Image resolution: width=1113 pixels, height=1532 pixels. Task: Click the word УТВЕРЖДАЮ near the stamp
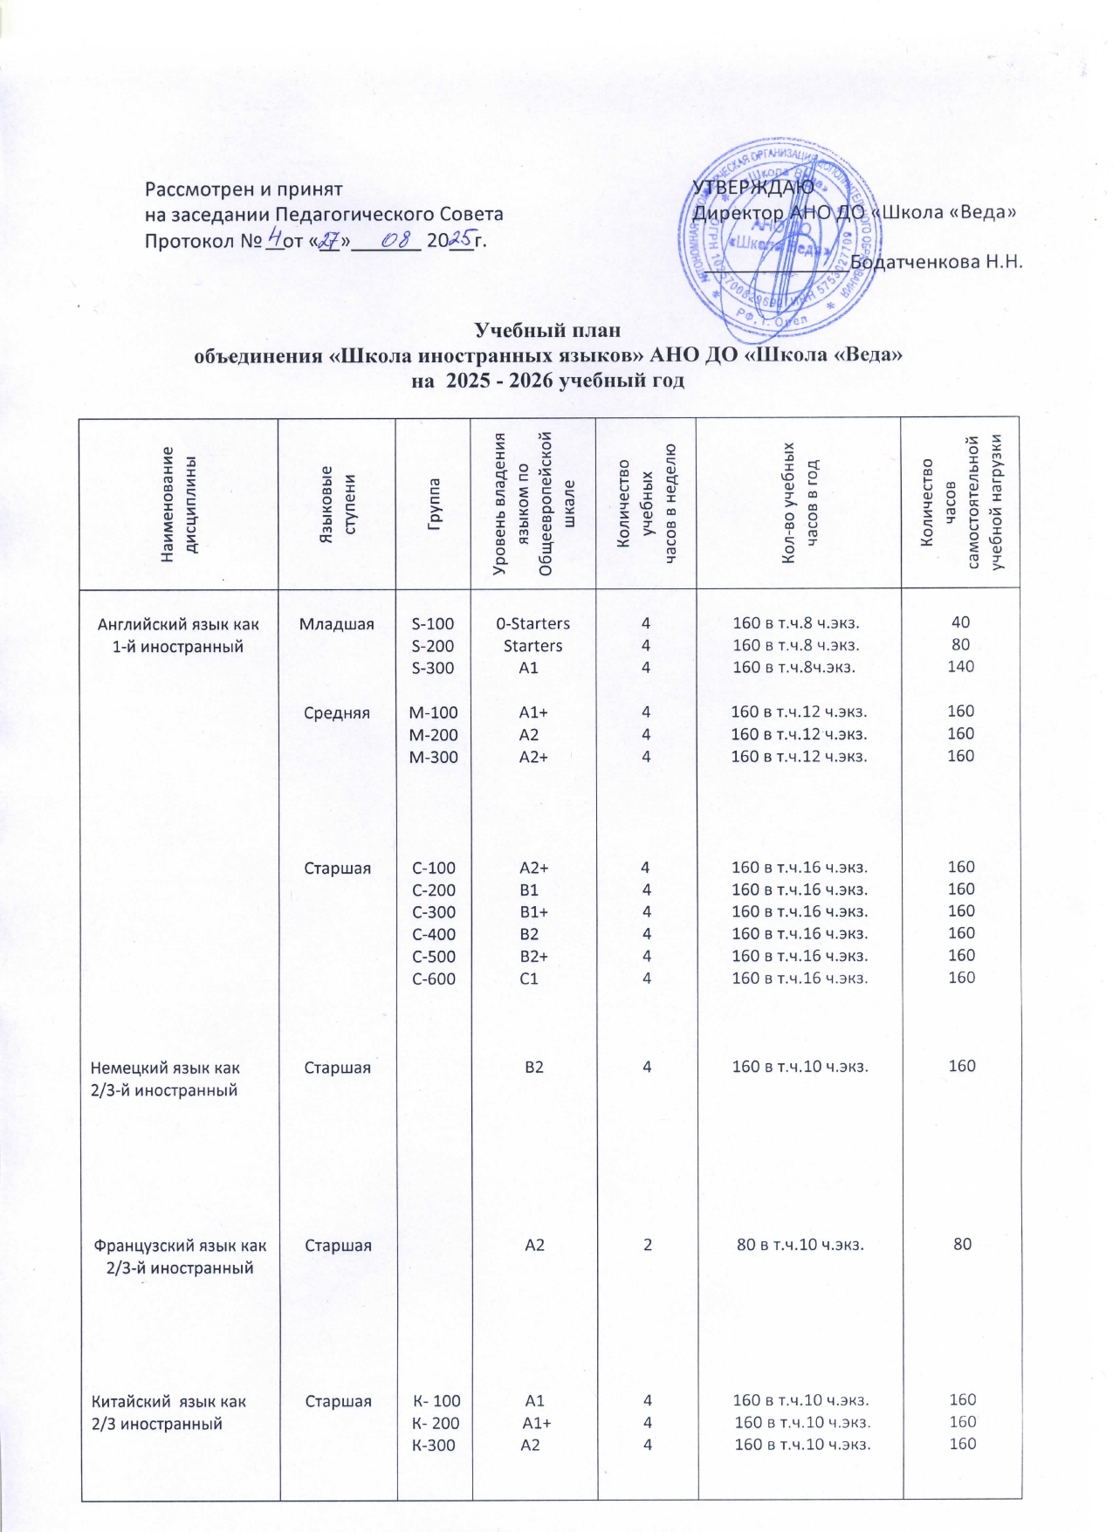tap(752, 188)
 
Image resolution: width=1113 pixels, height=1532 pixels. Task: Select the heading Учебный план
tap(547, 330)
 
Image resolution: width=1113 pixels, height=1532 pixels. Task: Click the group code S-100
tap(433, 624)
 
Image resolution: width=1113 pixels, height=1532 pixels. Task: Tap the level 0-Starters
tap(532, 624)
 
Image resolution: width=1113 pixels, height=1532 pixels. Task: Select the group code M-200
tap(433, 735)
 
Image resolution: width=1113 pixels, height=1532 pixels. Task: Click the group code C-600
tap(433, 979)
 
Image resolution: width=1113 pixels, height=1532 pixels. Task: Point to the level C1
tap(529, 979)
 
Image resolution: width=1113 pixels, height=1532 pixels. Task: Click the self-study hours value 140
tap(960, 667)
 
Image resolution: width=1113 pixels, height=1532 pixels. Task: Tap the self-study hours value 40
tap(960, 622)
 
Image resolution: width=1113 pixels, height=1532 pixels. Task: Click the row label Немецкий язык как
tap(165, 1068)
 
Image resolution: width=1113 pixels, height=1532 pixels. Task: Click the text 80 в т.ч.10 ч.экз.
tap(800, 1245)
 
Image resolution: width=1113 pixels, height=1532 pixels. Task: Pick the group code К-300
tap(433, 1446)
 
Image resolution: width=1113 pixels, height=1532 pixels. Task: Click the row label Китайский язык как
tap(168, 1402)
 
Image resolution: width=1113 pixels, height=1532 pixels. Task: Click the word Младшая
tap(336, 624)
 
